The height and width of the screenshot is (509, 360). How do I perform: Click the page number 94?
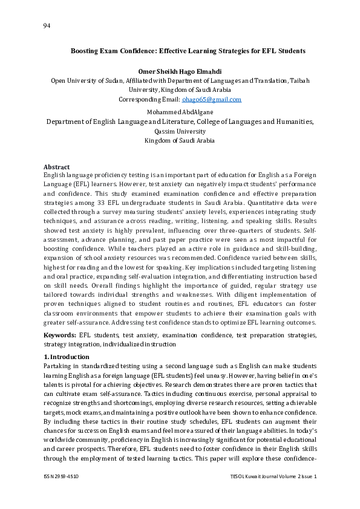pyautogui.click(x=47, y=25)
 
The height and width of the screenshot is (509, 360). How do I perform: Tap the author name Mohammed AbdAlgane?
pyautogui.click(x=180, y=112)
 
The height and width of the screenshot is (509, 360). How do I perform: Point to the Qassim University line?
pyautogui.click(x=180, y=131)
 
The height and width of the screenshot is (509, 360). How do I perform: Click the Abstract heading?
pyautogui.click(x=56, y=167)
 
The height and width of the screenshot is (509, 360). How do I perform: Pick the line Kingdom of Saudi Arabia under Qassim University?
pyautogui.click(x=180, y=141)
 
